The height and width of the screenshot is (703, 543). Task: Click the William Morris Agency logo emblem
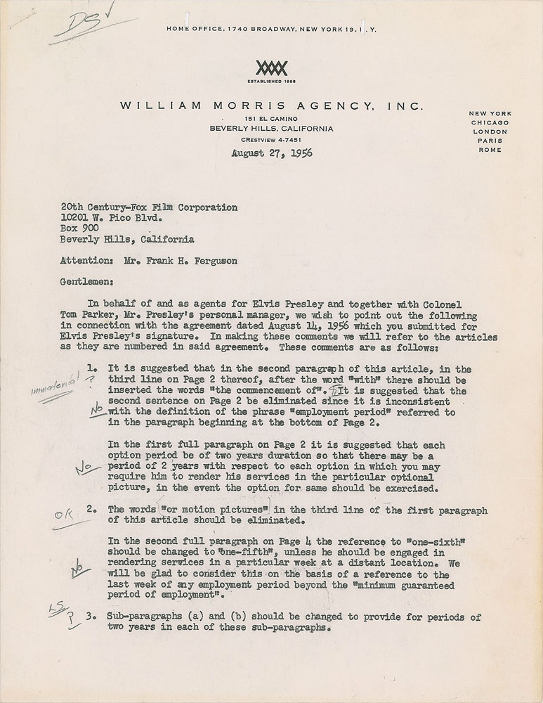[271, 67]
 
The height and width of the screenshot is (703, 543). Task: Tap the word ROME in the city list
[491, 150]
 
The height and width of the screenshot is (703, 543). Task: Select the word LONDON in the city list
[491, 131]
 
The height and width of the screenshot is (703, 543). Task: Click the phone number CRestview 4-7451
[271, 140]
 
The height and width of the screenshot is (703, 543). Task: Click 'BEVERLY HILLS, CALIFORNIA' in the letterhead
[271, 129]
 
